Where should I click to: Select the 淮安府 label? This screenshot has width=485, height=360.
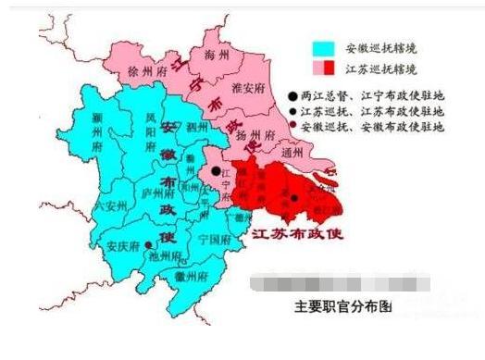tap(244, 89)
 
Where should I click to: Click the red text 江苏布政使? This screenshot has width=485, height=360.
tap(297, 233)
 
